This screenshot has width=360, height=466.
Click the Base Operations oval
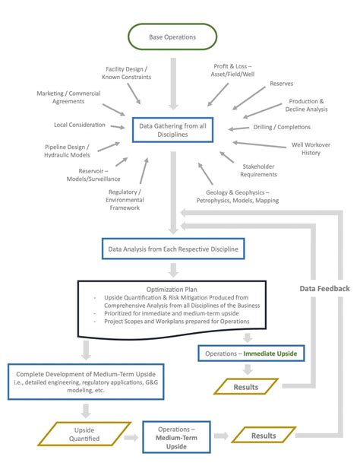click(172, 36)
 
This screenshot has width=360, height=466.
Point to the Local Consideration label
click(80, 125)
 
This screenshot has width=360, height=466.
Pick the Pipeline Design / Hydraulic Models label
click(67, 150)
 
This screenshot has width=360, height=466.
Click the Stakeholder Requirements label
click(259, 170)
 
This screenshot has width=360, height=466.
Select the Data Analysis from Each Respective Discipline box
click(173, 248)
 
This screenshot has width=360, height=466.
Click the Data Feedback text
click(324, 289)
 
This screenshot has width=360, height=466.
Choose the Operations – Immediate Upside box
click(249, 353)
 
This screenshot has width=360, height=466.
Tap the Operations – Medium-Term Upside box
click(172, 436)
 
